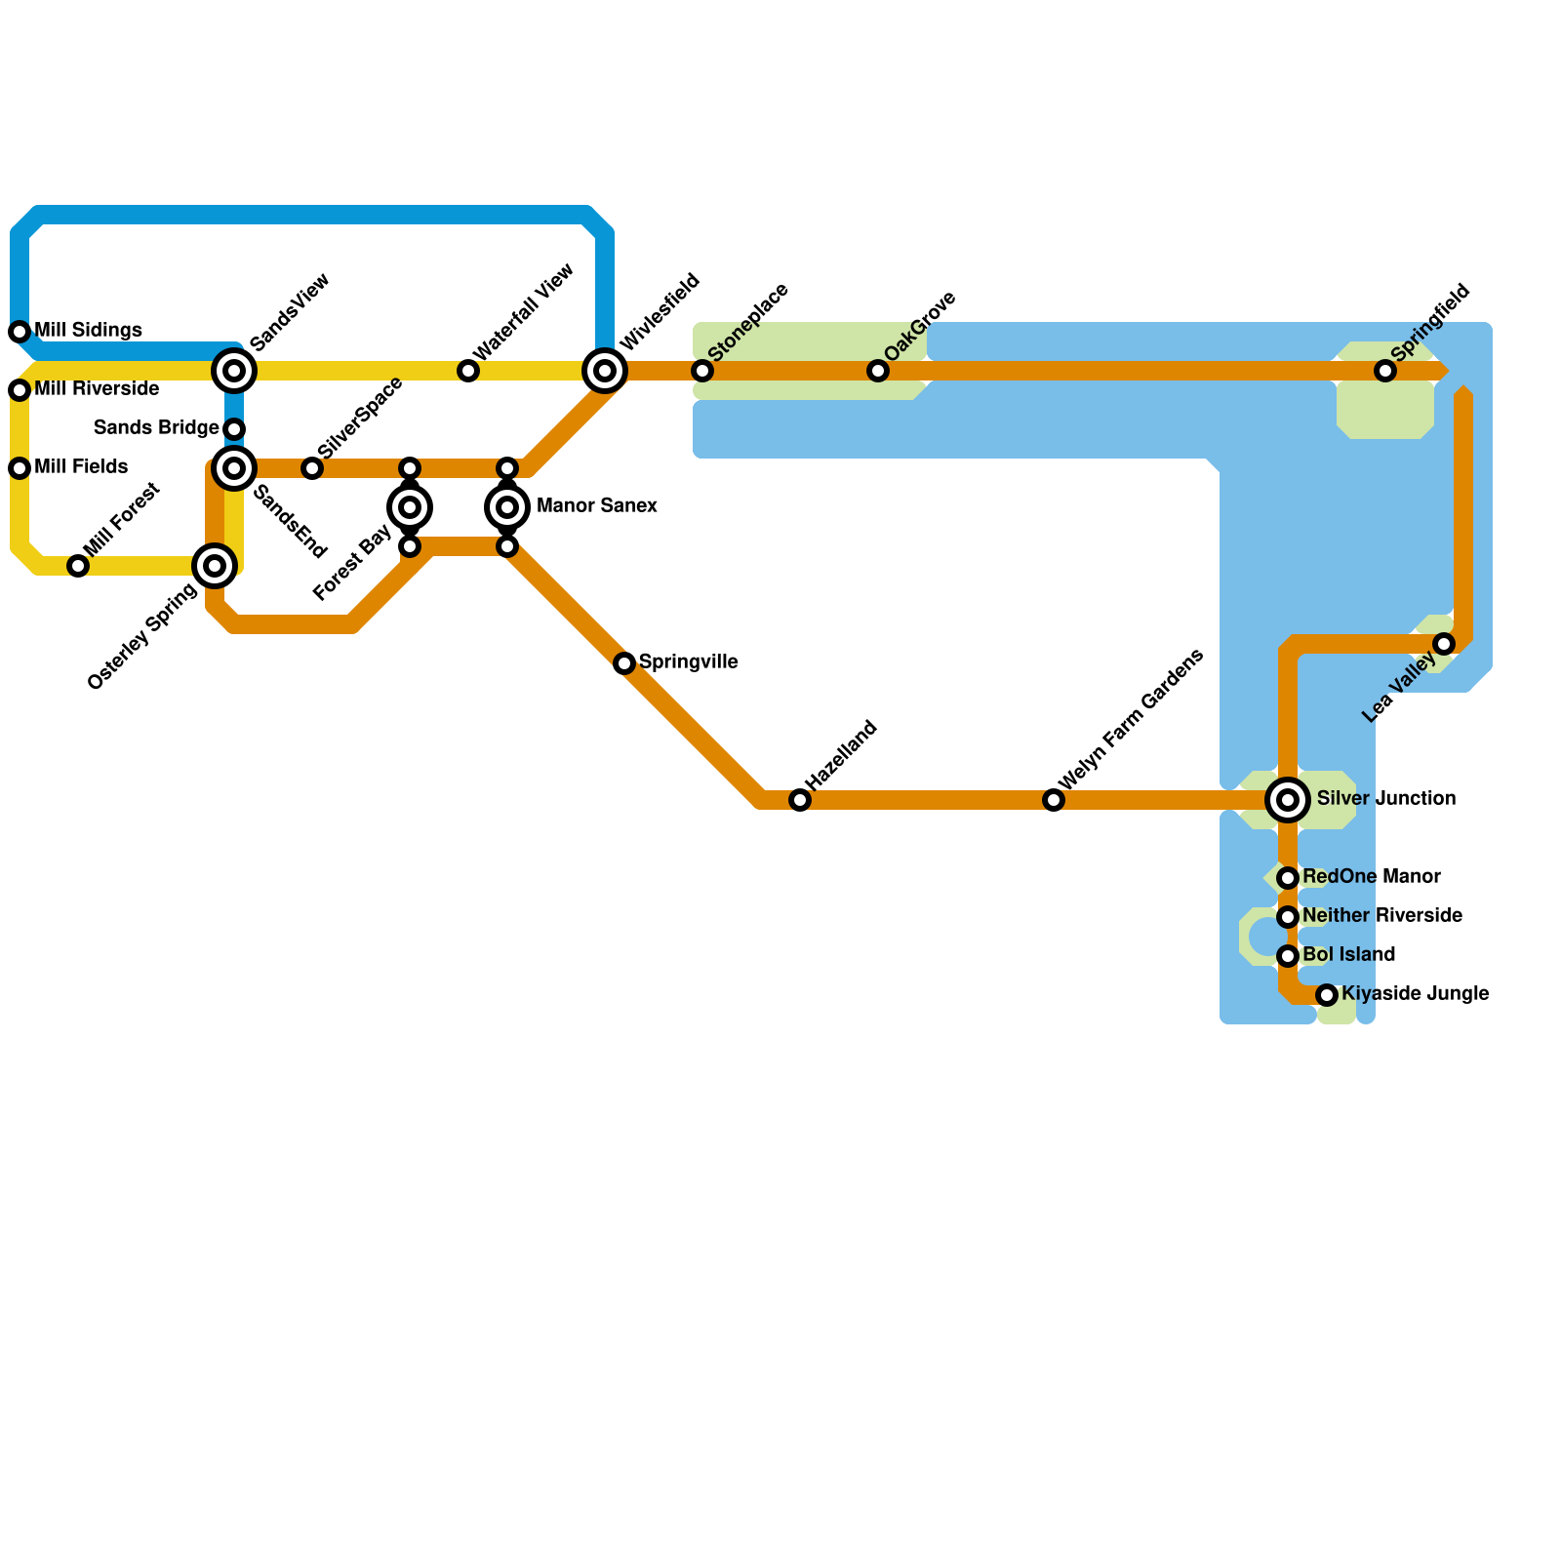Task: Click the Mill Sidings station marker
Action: tap(20, 332)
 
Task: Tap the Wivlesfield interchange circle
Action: tap(605, 371)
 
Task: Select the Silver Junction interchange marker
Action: tap(1288, 800)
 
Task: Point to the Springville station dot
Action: tap(624, 663)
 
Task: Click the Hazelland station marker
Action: tap(800, 800)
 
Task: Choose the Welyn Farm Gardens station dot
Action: tap(1054, 800)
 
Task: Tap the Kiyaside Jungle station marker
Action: tap(1327, 995)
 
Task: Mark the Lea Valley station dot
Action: tap(1444, 644)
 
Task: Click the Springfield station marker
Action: tap(1385, 371)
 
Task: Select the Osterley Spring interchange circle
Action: tap(215, 566)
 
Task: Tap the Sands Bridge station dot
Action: tap(234, 429)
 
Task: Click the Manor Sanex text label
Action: tap(596, 506)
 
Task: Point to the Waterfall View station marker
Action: tap(468, 371)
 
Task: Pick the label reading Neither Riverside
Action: tap(1381, 916)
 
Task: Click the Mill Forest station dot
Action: tap(78, 566)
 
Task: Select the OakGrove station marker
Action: tap(878, 371)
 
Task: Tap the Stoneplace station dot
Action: tap(702, 371)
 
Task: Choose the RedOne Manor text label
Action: tap(1371, 877)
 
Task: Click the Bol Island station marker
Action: tap(1288, 956)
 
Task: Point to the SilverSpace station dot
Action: tap(312, 468)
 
